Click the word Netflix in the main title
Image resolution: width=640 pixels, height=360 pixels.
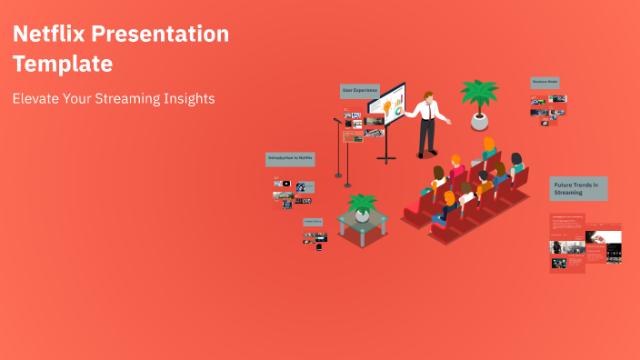[x=52, y=35]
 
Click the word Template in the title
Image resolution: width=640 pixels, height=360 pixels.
[x=63, y=65]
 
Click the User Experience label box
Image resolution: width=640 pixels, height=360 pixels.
[x=359, y=91]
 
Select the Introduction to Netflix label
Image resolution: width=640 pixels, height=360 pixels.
[x=290, y=158]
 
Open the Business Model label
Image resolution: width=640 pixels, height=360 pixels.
[x=545, y=82]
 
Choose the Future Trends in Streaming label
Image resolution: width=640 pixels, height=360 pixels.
[x=578, y=188]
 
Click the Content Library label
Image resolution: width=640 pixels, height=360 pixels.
[x=313, y=221]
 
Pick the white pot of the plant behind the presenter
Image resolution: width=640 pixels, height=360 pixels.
[x=479, y=121]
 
